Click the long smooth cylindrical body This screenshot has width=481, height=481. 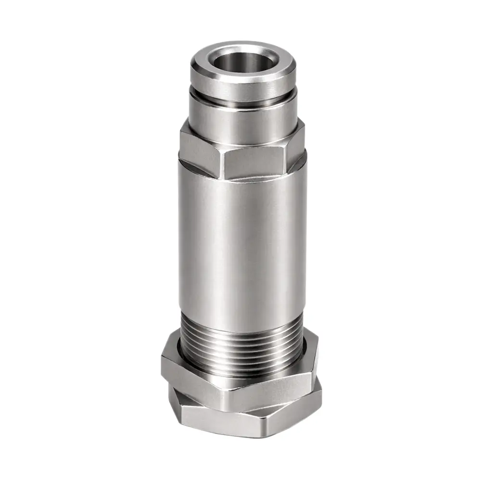point(240,240)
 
